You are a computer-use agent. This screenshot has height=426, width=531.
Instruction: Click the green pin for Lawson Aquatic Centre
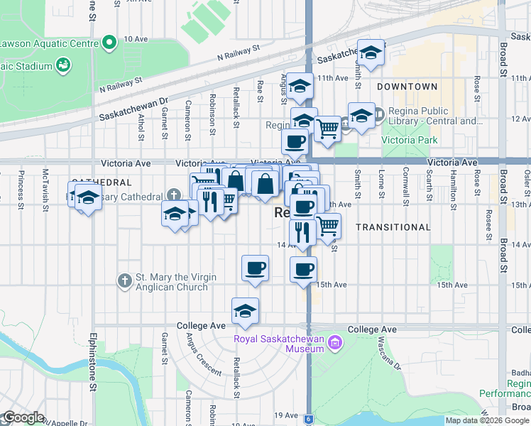pos(109,43)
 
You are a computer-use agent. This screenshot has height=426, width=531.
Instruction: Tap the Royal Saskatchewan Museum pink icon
pos(336,344)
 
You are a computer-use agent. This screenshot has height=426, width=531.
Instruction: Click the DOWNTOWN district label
pos(407,87)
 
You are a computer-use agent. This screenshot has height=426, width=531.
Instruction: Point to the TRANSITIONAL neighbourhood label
pos(393,227)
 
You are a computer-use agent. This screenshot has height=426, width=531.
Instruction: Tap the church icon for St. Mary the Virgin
pos(124,280)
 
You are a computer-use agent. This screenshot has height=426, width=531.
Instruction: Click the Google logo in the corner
pos(23,417)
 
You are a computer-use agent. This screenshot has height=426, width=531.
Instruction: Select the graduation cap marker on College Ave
pos(245,311)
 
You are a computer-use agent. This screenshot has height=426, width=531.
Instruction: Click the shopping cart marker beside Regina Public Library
pos(327,130)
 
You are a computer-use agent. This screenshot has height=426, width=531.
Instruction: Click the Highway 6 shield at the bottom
pos(309,420)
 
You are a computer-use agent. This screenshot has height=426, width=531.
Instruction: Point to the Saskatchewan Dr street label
pos(133,109)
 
